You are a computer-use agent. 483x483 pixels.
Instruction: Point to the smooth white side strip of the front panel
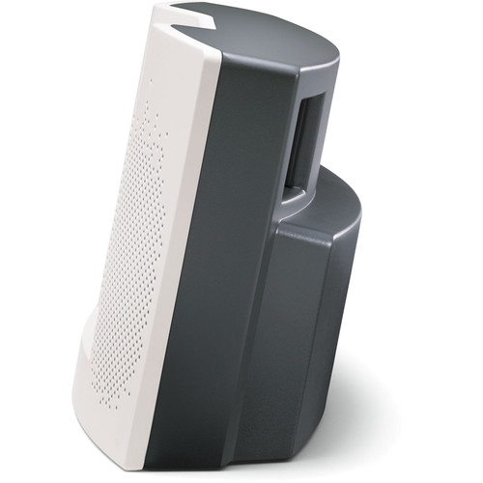(x=179, y=241)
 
